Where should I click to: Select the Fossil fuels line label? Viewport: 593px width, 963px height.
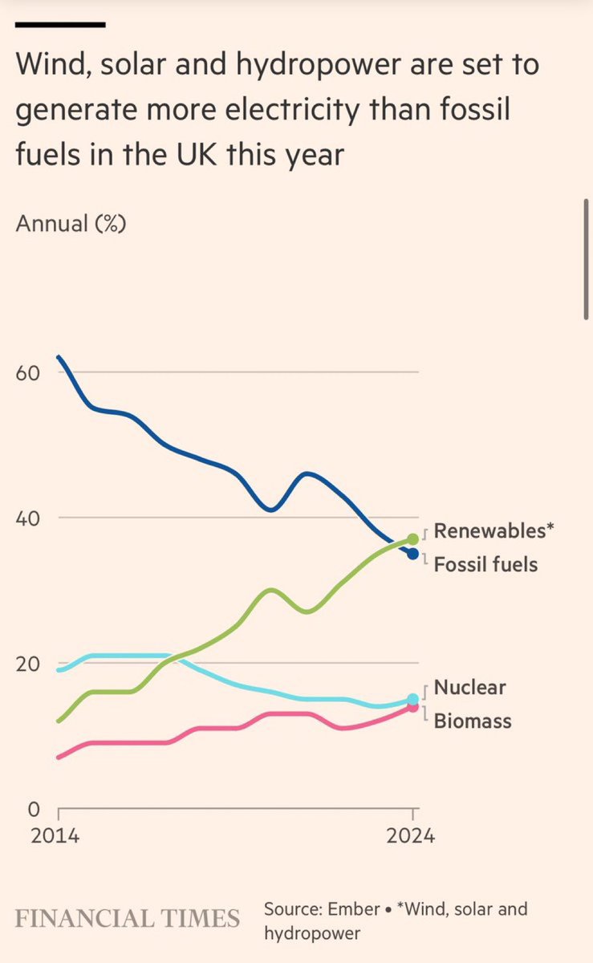click(x=485, y=564)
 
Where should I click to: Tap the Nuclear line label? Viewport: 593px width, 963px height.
click(x=470, y=687)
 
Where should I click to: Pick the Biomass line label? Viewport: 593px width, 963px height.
click(x=473, y=721)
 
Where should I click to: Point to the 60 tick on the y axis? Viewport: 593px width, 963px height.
click(x=27, y=373)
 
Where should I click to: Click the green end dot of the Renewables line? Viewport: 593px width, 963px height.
click(x=412, y=538)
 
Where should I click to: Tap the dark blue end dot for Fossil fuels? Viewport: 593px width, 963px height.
click(x=412, y=554)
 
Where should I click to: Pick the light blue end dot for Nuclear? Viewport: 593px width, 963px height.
click(x=412, y=699)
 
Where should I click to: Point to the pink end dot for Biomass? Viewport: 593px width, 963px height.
click(x=412, y=707)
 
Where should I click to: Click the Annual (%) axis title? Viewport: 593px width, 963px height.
click(x=71, y=223)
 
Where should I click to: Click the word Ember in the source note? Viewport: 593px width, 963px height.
click(x=356, y=909)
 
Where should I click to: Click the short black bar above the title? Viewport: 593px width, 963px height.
click(x=60, y=25)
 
